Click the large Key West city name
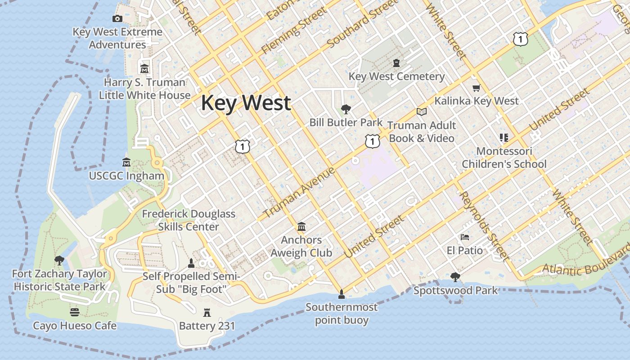(246, 103)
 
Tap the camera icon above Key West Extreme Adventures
(117, 18)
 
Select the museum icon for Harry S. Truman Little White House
(144, 69)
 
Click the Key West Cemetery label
(396, 76)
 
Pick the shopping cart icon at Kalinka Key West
(476, 88)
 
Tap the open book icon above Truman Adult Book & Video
(422, 112)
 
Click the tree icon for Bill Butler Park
(346, 109)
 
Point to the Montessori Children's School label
(504, 157)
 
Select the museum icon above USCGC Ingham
(126, 162)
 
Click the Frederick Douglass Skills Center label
(189, 220)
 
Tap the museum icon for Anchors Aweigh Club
(301, 226)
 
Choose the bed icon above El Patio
(465, 237)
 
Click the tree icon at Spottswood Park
(455, 277)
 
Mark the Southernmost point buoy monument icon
(342, 294)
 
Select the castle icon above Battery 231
(207, 312)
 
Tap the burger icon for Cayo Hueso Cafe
(75, 312)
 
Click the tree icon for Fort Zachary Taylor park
(59, 260)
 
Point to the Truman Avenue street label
(299, 192)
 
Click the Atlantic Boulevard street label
(585, 265)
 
